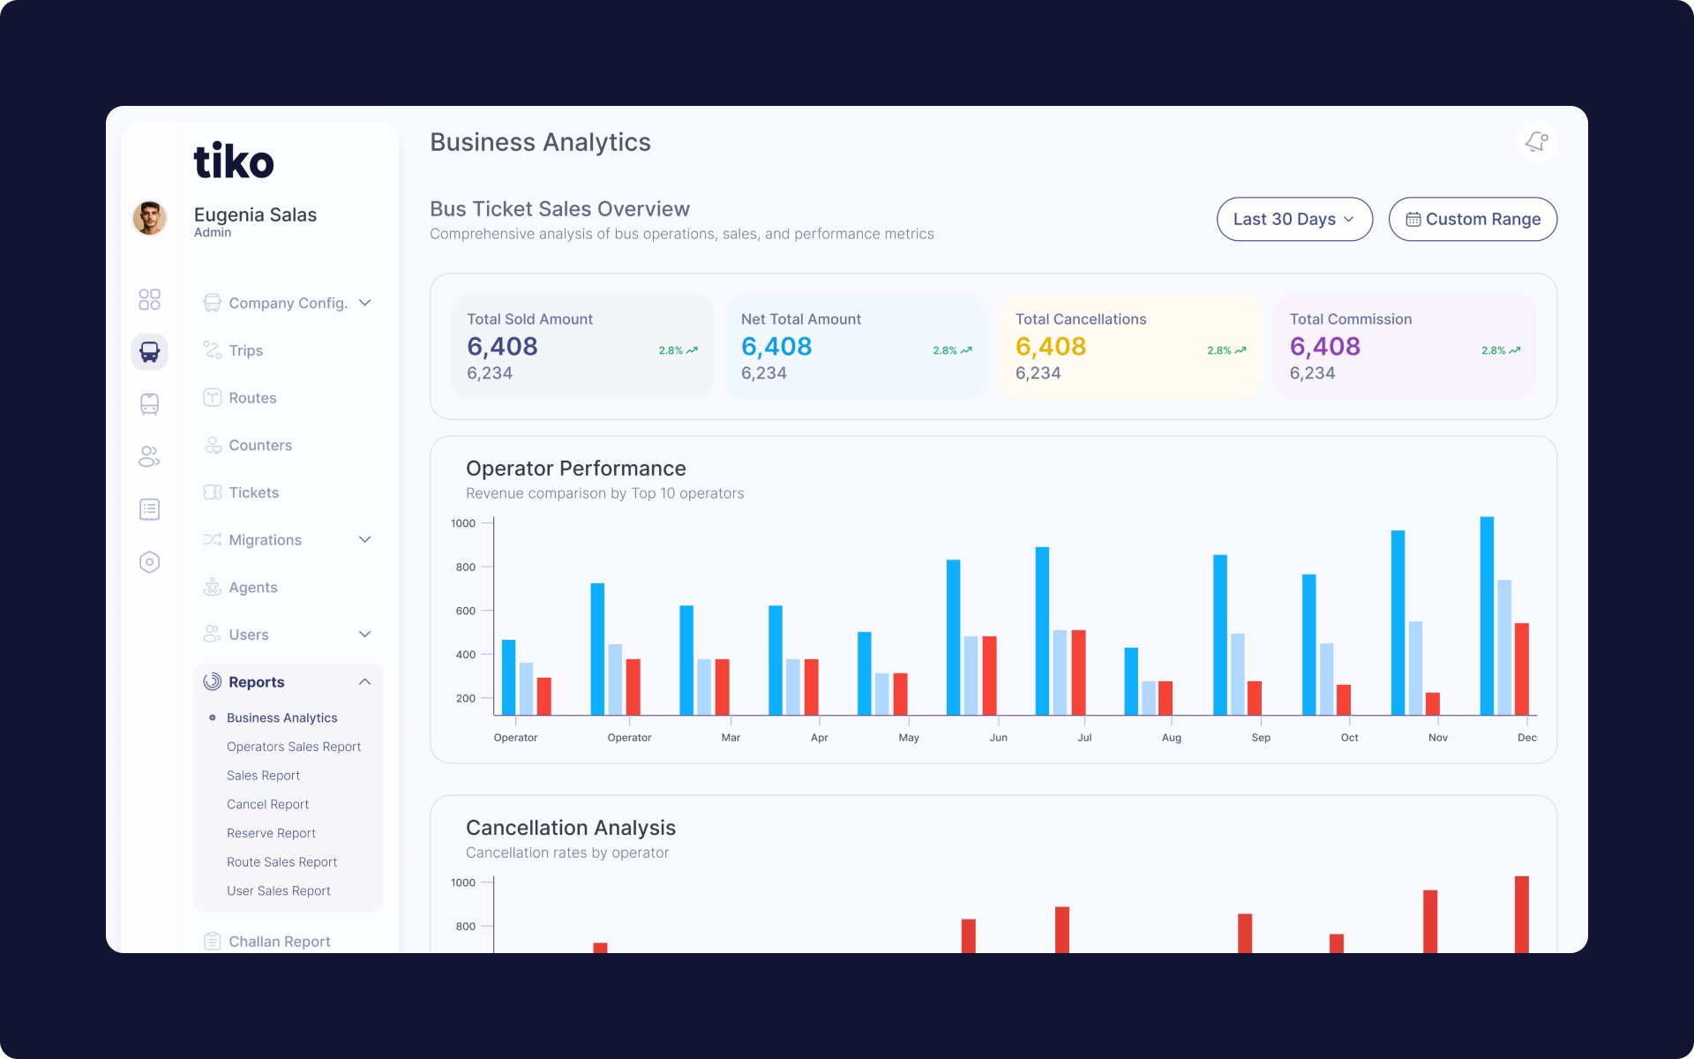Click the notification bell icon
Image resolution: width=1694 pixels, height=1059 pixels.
(1537, 141)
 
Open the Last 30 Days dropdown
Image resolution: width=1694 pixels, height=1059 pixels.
(1294, 219)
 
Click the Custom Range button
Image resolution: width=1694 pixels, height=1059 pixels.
(1473, 219)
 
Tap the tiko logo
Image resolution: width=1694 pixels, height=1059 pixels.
(234, 161)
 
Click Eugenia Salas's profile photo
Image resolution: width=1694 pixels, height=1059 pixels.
(150, 218)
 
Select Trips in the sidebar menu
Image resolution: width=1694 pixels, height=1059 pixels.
(245, 350)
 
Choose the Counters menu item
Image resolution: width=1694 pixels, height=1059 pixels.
(259, 445)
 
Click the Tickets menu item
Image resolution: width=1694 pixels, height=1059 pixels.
(253, 492)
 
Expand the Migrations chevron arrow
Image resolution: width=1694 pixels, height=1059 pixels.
(365, 539)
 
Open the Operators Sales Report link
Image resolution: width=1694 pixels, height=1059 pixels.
(294, 747)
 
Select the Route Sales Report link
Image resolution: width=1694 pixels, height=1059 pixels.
(281, 862)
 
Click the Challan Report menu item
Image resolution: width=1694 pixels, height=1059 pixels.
(279, 942)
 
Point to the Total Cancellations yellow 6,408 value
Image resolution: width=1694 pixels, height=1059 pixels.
(1051, 346)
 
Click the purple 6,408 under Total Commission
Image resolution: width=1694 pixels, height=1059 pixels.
(1325, 346)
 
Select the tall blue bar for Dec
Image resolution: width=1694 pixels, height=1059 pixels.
(1487, 616)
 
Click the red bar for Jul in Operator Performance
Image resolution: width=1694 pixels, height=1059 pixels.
(1078, 672)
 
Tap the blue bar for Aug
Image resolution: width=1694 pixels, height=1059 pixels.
(1131, 681)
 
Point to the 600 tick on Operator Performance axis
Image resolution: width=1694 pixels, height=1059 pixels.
(466, 611)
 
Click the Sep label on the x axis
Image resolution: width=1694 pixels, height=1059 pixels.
(1261, 738)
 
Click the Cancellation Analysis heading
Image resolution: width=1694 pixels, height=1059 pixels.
(571, 828)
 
